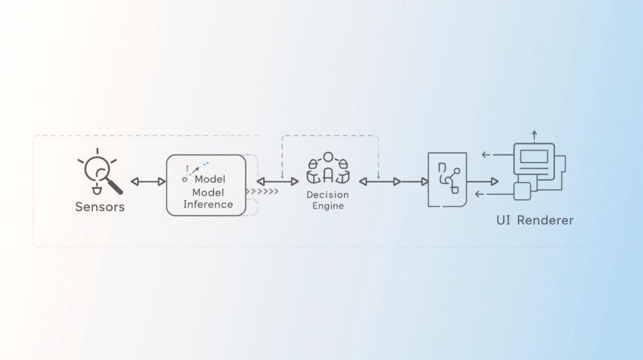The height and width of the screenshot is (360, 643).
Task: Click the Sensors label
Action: [100, 207]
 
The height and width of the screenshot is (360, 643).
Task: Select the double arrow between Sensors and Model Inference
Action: [148, 182]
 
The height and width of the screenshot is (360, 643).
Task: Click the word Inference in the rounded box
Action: [208, 204]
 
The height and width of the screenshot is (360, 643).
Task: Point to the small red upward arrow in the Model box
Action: [186, 168]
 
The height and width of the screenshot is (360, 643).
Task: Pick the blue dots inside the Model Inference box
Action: [205, 164]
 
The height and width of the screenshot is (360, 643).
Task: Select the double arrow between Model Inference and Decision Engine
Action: [278, 182]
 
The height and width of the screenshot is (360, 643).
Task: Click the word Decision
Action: [327, 195]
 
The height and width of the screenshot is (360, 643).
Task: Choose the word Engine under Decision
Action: [328, 205]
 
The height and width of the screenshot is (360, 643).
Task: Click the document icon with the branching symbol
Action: [447, 180]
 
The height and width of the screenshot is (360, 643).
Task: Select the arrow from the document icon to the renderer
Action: [483, 182]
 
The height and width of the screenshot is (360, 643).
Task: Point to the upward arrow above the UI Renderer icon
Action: [534, 135]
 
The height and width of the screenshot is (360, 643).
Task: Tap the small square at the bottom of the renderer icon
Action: [522, 191]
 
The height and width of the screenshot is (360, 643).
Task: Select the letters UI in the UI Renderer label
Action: [503, 221]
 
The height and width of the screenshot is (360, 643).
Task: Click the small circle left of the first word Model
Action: [185, 180]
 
